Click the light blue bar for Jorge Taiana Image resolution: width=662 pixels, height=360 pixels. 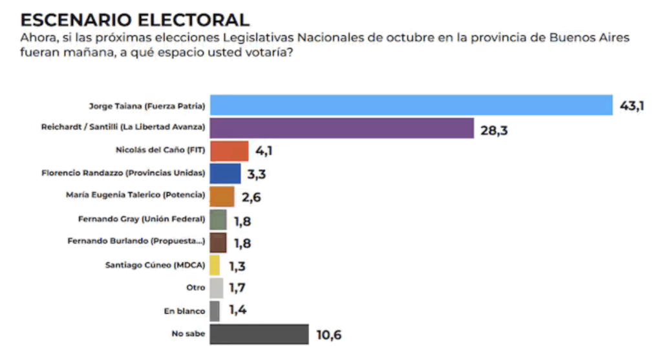(x=411, y=105)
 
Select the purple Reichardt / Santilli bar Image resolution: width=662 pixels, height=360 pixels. (x=342, y=127)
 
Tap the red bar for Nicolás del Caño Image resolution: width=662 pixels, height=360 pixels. (x=229, y=151)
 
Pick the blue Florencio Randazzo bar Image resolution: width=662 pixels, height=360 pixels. (x=226, y=173)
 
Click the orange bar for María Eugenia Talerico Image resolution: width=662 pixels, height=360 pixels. (x=222, y=196)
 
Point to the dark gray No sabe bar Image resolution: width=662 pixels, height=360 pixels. (x=259, y=334)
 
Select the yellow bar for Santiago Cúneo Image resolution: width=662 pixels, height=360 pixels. (x=215, y=265)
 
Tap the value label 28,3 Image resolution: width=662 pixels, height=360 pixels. (x=495, y=129)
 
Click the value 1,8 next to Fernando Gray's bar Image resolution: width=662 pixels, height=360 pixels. (x=243, y=220)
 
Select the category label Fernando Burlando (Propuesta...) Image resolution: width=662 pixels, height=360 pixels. (x=136, y=241)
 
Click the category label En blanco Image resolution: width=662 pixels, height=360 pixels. (x=184, y=311)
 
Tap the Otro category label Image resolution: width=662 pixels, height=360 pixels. (x=195, y=288)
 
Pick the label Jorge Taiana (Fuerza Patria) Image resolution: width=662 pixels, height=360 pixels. (x=147, y=105)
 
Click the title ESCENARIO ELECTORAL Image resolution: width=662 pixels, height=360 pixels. (x=135, y=19)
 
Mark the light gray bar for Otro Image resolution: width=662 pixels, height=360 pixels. (x=217, y=288)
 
